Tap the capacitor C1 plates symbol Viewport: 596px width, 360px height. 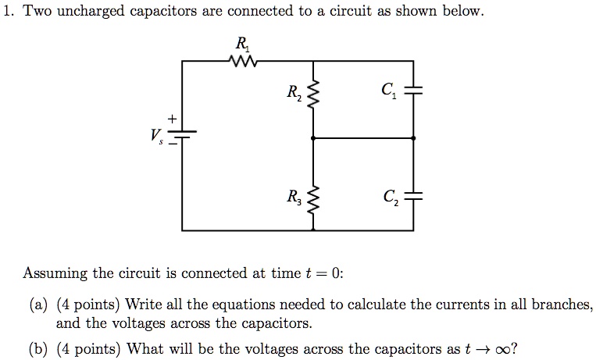413,91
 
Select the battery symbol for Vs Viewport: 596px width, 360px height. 182,137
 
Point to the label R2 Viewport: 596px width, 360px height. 293,95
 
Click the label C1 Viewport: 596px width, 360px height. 387,92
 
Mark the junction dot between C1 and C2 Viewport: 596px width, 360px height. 413,138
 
